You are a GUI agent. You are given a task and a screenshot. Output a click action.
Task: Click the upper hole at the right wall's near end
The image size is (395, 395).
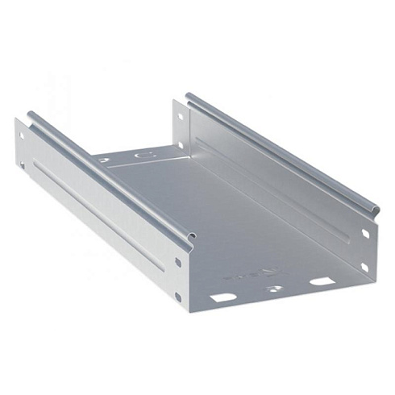pos(365,235)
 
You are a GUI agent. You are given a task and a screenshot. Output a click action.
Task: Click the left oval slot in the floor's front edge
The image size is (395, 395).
pos(224,297)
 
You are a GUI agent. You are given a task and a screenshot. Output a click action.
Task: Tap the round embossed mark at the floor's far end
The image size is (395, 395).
pos(145,153)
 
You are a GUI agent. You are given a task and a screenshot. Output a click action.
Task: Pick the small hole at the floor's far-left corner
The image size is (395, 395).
pos(103,160)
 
